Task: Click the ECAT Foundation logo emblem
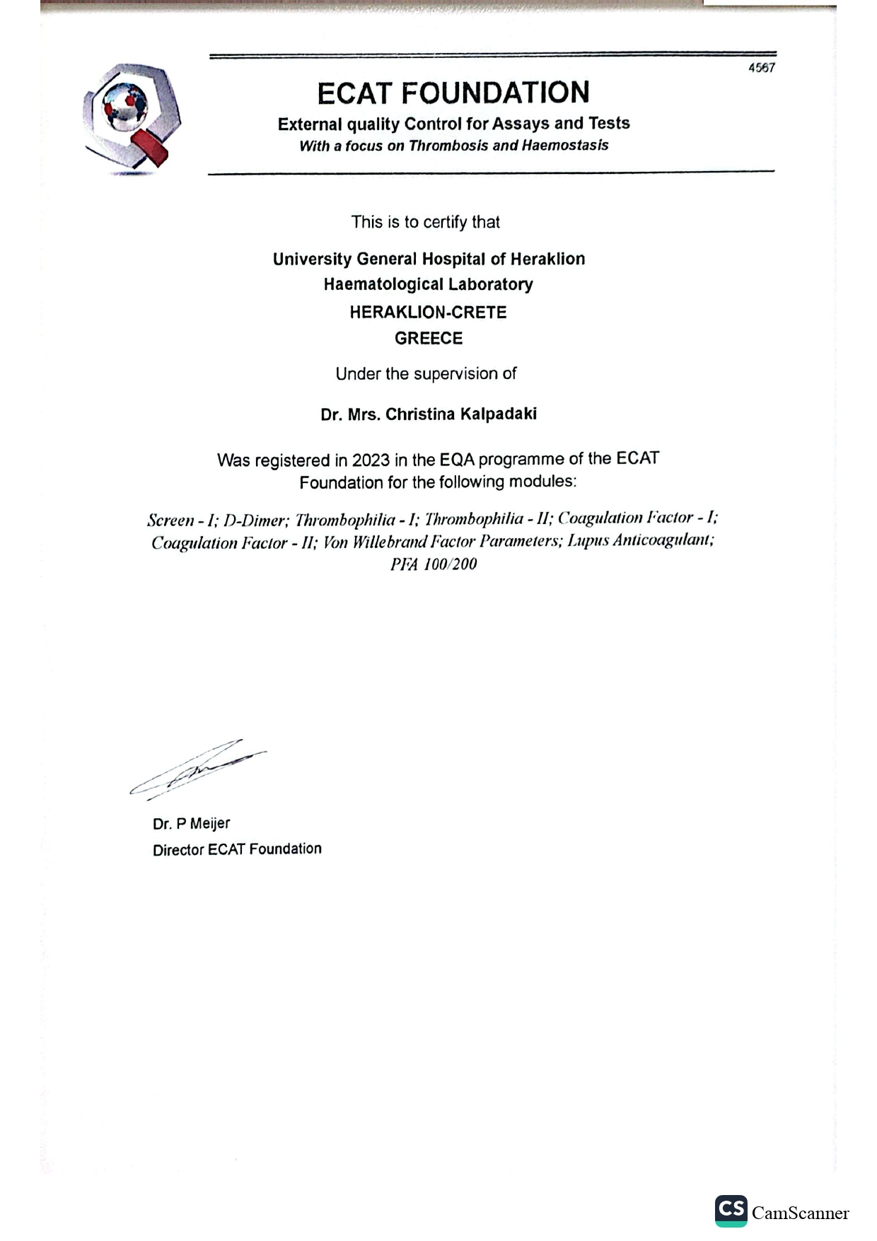[132, 117]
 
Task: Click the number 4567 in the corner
[762, 68]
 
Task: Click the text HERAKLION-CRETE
[428, 313]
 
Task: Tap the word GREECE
[429, 338]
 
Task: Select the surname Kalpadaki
[499, 414]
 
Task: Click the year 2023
[371, 460]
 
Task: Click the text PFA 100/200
[434, 564]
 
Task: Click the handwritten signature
[198, 769]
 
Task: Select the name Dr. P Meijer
[191, 823]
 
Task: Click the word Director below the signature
[178, 849]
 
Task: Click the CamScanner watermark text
[800, 1213]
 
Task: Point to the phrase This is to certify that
[425, 222]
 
